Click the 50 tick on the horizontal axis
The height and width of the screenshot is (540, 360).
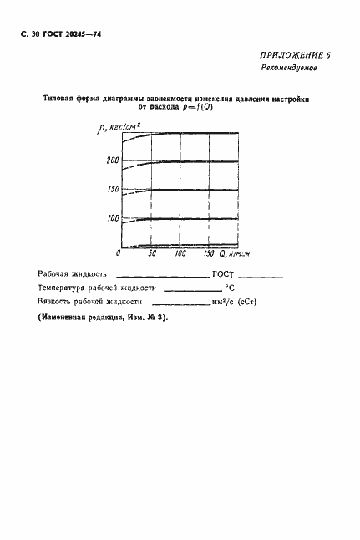pos(152,252)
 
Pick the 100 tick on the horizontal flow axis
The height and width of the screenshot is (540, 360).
pos(180,252)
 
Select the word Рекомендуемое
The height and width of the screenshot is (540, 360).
pos(298,68)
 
